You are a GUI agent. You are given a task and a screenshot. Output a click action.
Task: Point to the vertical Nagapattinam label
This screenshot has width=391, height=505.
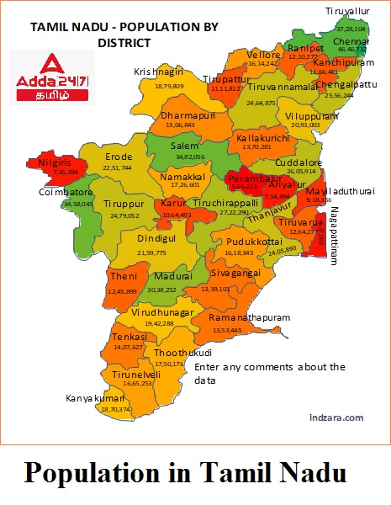coord(333,237)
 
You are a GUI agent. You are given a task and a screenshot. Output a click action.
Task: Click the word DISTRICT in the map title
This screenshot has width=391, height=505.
coord(124,41)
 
